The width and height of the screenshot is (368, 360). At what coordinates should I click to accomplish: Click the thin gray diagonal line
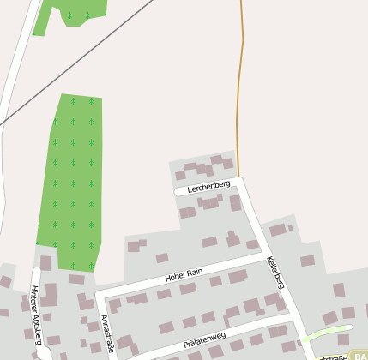pos(69,77)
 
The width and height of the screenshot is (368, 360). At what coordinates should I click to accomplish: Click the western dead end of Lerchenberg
pos(178,192)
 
